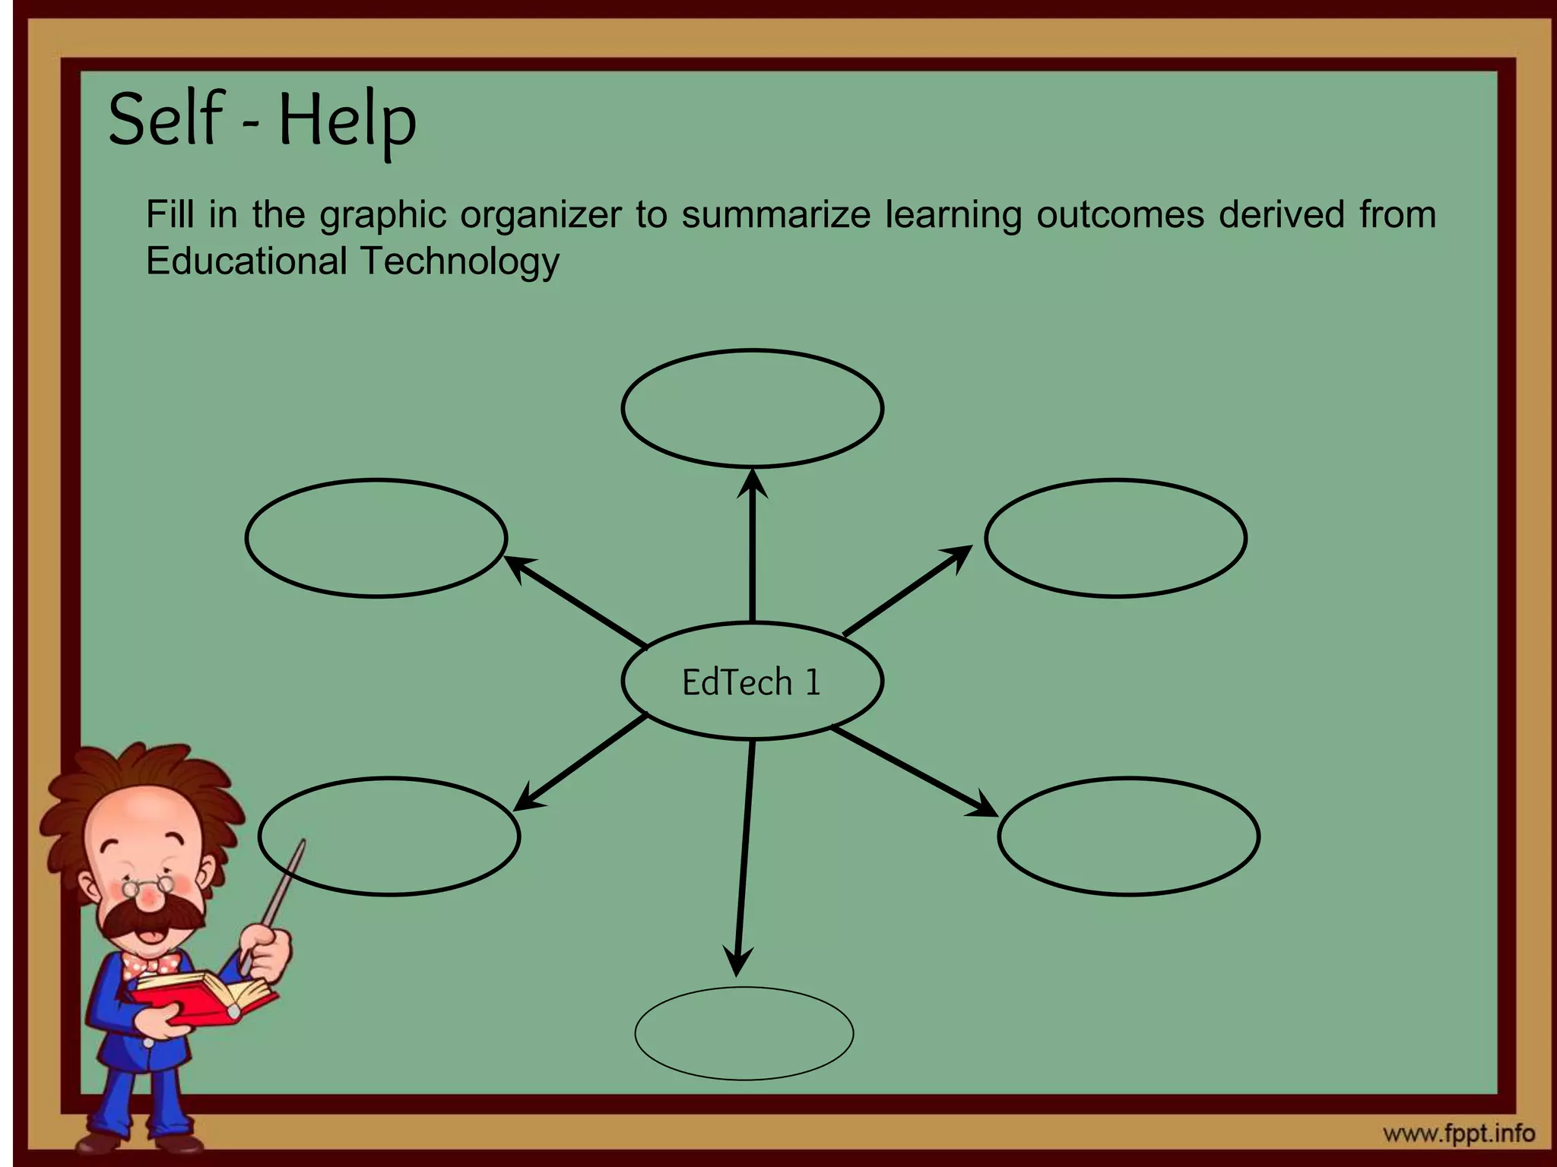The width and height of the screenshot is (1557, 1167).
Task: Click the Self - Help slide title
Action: [x=262, y=120]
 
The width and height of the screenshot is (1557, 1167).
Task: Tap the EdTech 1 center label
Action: [x=751, y=682]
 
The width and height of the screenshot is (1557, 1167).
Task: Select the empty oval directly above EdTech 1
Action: [x=752, y=408]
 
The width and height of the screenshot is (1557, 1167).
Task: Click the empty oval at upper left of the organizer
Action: [x=376, y=538]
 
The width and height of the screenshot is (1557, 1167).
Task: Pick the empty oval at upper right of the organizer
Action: [x=1115, y=538]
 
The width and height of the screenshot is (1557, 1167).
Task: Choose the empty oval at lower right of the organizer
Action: [x=1128, y=836]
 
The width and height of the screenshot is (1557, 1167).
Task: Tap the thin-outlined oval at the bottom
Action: [x=744, y=1033]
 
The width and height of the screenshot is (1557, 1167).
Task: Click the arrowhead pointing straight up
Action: [x=752, y=483]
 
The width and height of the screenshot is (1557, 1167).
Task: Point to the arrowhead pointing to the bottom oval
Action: [x=737, y=962]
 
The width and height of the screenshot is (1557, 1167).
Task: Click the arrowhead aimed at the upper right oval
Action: [x=959, y=555]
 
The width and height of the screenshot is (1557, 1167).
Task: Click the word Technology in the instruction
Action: [x=459, y=261]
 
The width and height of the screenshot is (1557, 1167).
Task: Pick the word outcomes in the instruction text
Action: [x=1120, y=214]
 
